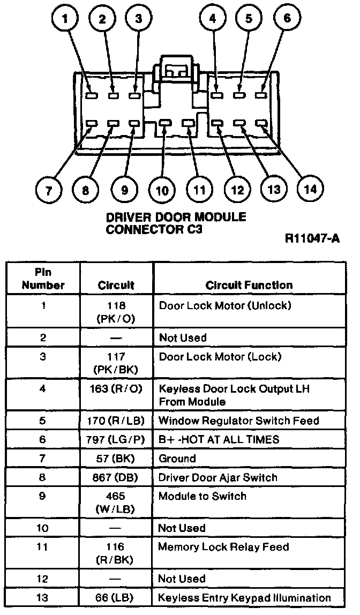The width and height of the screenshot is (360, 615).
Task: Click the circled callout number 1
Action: (65, 20)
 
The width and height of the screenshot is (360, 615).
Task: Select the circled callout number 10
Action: (162, 191)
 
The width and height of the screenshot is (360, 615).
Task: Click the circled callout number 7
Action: (49, 191)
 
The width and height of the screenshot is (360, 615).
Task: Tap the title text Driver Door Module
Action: (176, 217)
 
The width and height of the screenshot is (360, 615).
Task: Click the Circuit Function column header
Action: (249, 286)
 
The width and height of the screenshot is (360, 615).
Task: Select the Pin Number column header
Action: (43, 279)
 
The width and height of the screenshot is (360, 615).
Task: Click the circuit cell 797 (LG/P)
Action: (116, 439)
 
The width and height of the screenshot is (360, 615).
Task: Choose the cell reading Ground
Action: (178, 459)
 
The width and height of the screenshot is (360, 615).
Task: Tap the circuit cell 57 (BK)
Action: (116, 459)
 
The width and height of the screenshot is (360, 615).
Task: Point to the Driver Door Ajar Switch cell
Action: (217, 478)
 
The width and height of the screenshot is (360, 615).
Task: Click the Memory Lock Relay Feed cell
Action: (223, 547)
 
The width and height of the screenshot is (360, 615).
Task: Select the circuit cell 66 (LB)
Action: (116, 598)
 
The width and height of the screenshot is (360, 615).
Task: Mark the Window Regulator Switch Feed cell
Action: (239, 421)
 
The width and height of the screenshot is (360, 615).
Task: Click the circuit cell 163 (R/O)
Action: (116, 389)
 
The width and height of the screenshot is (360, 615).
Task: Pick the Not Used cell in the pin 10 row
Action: (182, 528)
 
